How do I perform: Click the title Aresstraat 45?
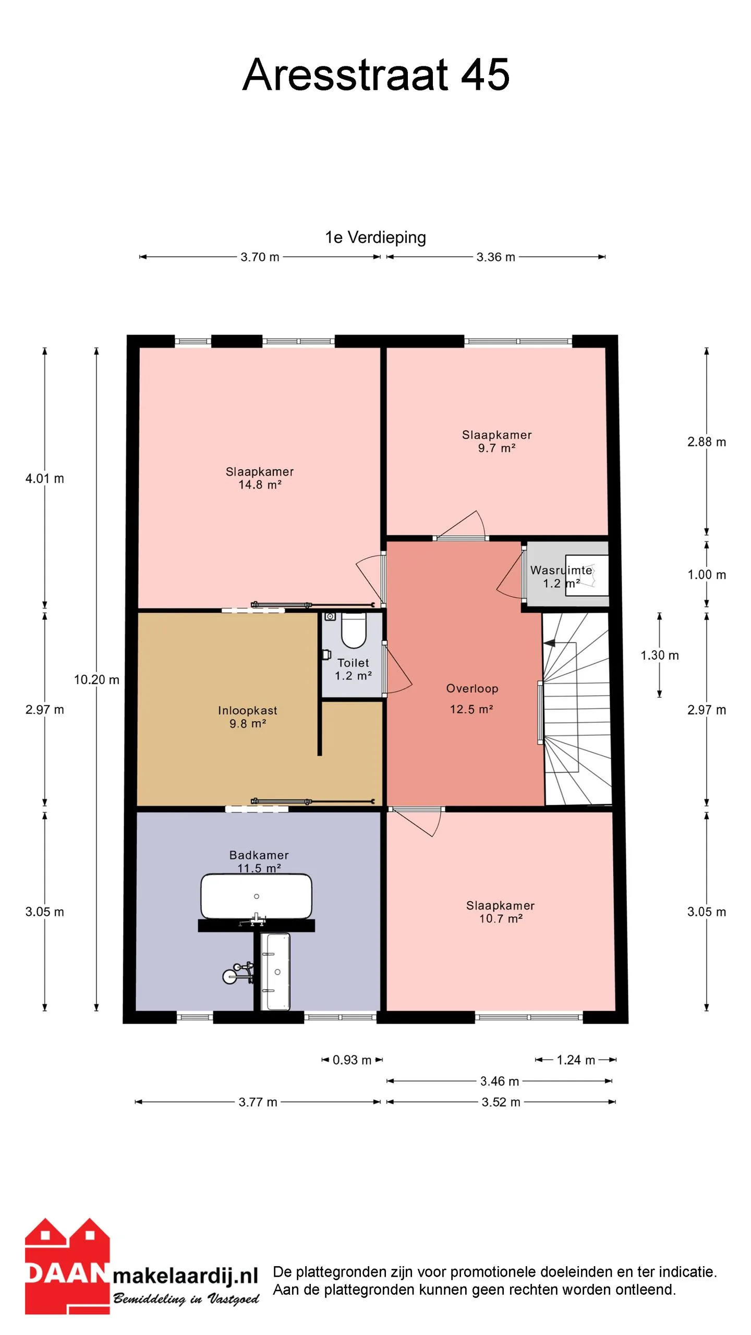click(375, 75)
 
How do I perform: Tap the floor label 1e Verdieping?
click(375, 238)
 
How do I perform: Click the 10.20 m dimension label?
click(96, 679)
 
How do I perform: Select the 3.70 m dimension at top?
click(260, 257)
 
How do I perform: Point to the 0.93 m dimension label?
click(352, 1060)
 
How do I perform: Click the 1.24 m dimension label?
click(576, 1060)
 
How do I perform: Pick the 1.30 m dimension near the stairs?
click(660, 656)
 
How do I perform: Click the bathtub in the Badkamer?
click(257, 896)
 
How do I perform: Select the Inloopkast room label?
click(248, 710)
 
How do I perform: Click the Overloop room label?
click(472, 688)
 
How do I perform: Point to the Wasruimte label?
click(561, 571)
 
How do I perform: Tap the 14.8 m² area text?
click(260, 484)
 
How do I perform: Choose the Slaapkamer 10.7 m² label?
click(501, 912)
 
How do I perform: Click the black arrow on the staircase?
click(550, 644)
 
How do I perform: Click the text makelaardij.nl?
click(186, 1276)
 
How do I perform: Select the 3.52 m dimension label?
click(501, 1102)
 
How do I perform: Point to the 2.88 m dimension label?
click(707, 442)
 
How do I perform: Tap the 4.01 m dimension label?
click(45, 478)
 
